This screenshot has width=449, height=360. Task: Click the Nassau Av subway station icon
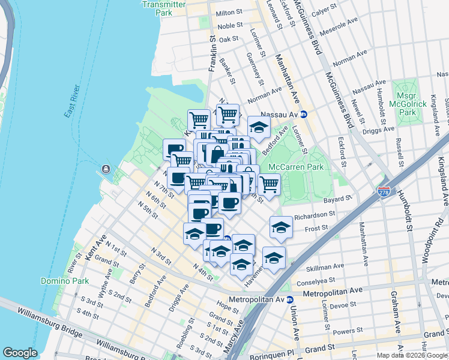(x=304, y=114)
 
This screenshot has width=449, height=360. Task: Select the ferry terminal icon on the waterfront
(x=106, y=169)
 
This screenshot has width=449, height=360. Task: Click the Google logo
(x=20, y=352)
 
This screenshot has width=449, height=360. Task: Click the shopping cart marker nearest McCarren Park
(x=268, y=184)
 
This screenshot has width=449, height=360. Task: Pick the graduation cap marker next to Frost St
(x=281, y=227)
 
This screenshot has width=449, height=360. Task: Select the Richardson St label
(x=313, y=214)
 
